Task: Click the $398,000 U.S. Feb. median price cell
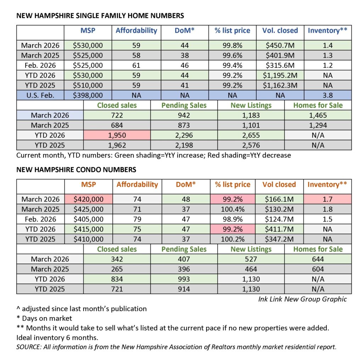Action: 88,95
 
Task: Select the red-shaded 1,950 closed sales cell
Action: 117,135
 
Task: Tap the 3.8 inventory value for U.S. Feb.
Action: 328,95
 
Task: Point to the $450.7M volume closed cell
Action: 280,45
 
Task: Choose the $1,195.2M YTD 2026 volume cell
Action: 280,75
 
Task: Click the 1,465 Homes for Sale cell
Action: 318,115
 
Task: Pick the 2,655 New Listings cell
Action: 251,135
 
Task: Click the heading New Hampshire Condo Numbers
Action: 76,170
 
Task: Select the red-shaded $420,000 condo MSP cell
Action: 88,199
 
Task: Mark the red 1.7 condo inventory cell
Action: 328,199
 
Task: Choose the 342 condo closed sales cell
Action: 117,259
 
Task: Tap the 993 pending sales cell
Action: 184,279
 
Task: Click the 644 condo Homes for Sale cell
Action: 318,259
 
